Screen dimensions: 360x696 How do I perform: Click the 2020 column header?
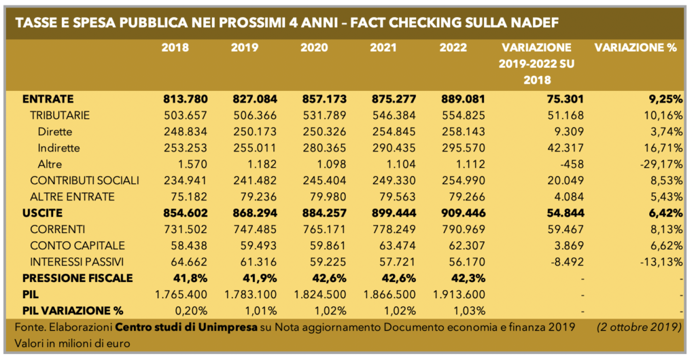(x=313, y=48)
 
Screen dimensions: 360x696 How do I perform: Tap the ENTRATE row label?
(x=48, y=98)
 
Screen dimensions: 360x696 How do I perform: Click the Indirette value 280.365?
(x=324, y=147)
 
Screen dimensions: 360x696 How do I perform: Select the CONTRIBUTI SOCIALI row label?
(x=84, y=180)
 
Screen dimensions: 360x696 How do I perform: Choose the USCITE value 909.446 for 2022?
(x=462, y=213)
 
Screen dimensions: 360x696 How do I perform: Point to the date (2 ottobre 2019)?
(x=639, y=327)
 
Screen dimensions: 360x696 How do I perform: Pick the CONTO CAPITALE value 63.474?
(x=393, y=245)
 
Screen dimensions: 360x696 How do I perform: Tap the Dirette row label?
(x=54, y=131)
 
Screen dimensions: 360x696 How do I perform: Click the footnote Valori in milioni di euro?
(x=72, y=343)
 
